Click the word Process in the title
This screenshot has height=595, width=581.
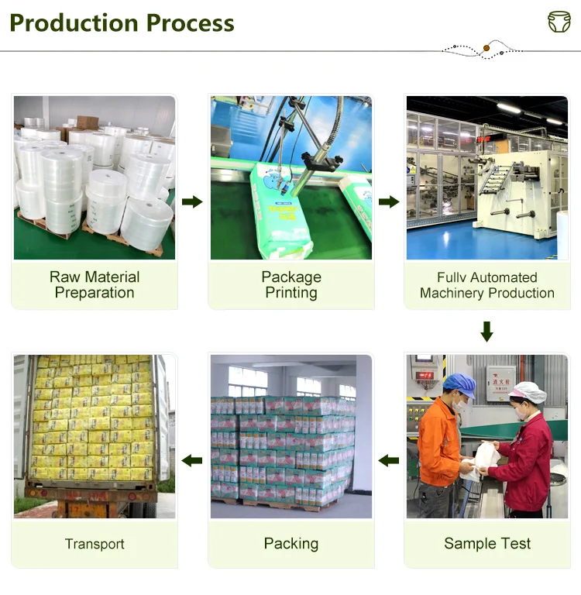[x=188, y=22]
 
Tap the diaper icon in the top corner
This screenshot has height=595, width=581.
[x=559, y=22]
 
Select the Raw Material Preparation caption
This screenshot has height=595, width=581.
[x=95, y=285]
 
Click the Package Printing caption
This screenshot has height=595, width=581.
[x=290, y=285]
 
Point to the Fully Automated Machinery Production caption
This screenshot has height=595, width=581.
[x=486, y=285]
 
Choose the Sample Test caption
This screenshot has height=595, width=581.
[x=486, y=544]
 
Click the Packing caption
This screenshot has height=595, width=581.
[x=290, y=544]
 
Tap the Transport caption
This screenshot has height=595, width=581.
[x=95, y=544]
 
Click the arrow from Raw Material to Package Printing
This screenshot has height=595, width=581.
[x=192, y=202]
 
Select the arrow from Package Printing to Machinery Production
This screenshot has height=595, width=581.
[x=389, y=202]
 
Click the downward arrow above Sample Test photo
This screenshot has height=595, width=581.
[x=486, y=332]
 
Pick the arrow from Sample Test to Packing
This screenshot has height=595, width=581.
[x=389, y=461]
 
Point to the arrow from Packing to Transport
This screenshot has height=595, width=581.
[x=192, y=461]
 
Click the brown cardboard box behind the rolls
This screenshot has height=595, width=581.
[x=87, y=122]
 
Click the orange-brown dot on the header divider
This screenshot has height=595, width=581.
[x=486, y=49]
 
